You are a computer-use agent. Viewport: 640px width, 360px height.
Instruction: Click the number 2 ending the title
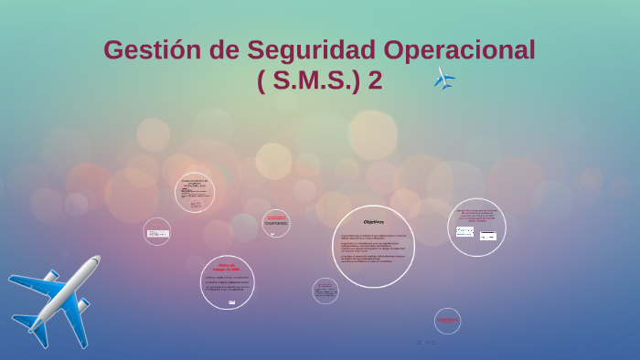tap(375, 80)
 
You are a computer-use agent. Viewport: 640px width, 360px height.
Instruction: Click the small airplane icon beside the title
tap(444, 79)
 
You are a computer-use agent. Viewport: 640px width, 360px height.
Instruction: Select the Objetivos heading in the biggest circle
tap(373, 222)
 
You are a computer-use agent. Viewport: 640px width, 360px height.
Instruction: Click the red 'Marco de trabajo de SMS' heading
tap(226, 268)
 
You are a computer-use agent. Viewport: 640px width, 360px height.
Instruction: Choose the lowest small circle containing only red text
tap(447, 321)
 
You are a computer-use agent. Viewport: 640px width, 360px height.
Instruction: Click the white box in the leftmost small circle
tap(157, 233)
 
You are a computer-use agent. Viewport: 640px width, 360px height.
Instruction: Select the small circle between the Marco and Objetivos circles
tap(276, 223)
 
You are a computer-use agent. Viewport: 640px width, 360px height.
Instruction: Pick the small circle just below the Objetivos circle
tap(325, 291)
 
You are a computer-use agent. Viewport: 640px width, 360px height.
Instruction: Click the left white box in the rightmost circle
tap(464, 232)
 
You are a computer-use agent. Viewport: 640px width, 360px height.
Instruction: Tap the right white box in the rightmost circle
tap(488, 236)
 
